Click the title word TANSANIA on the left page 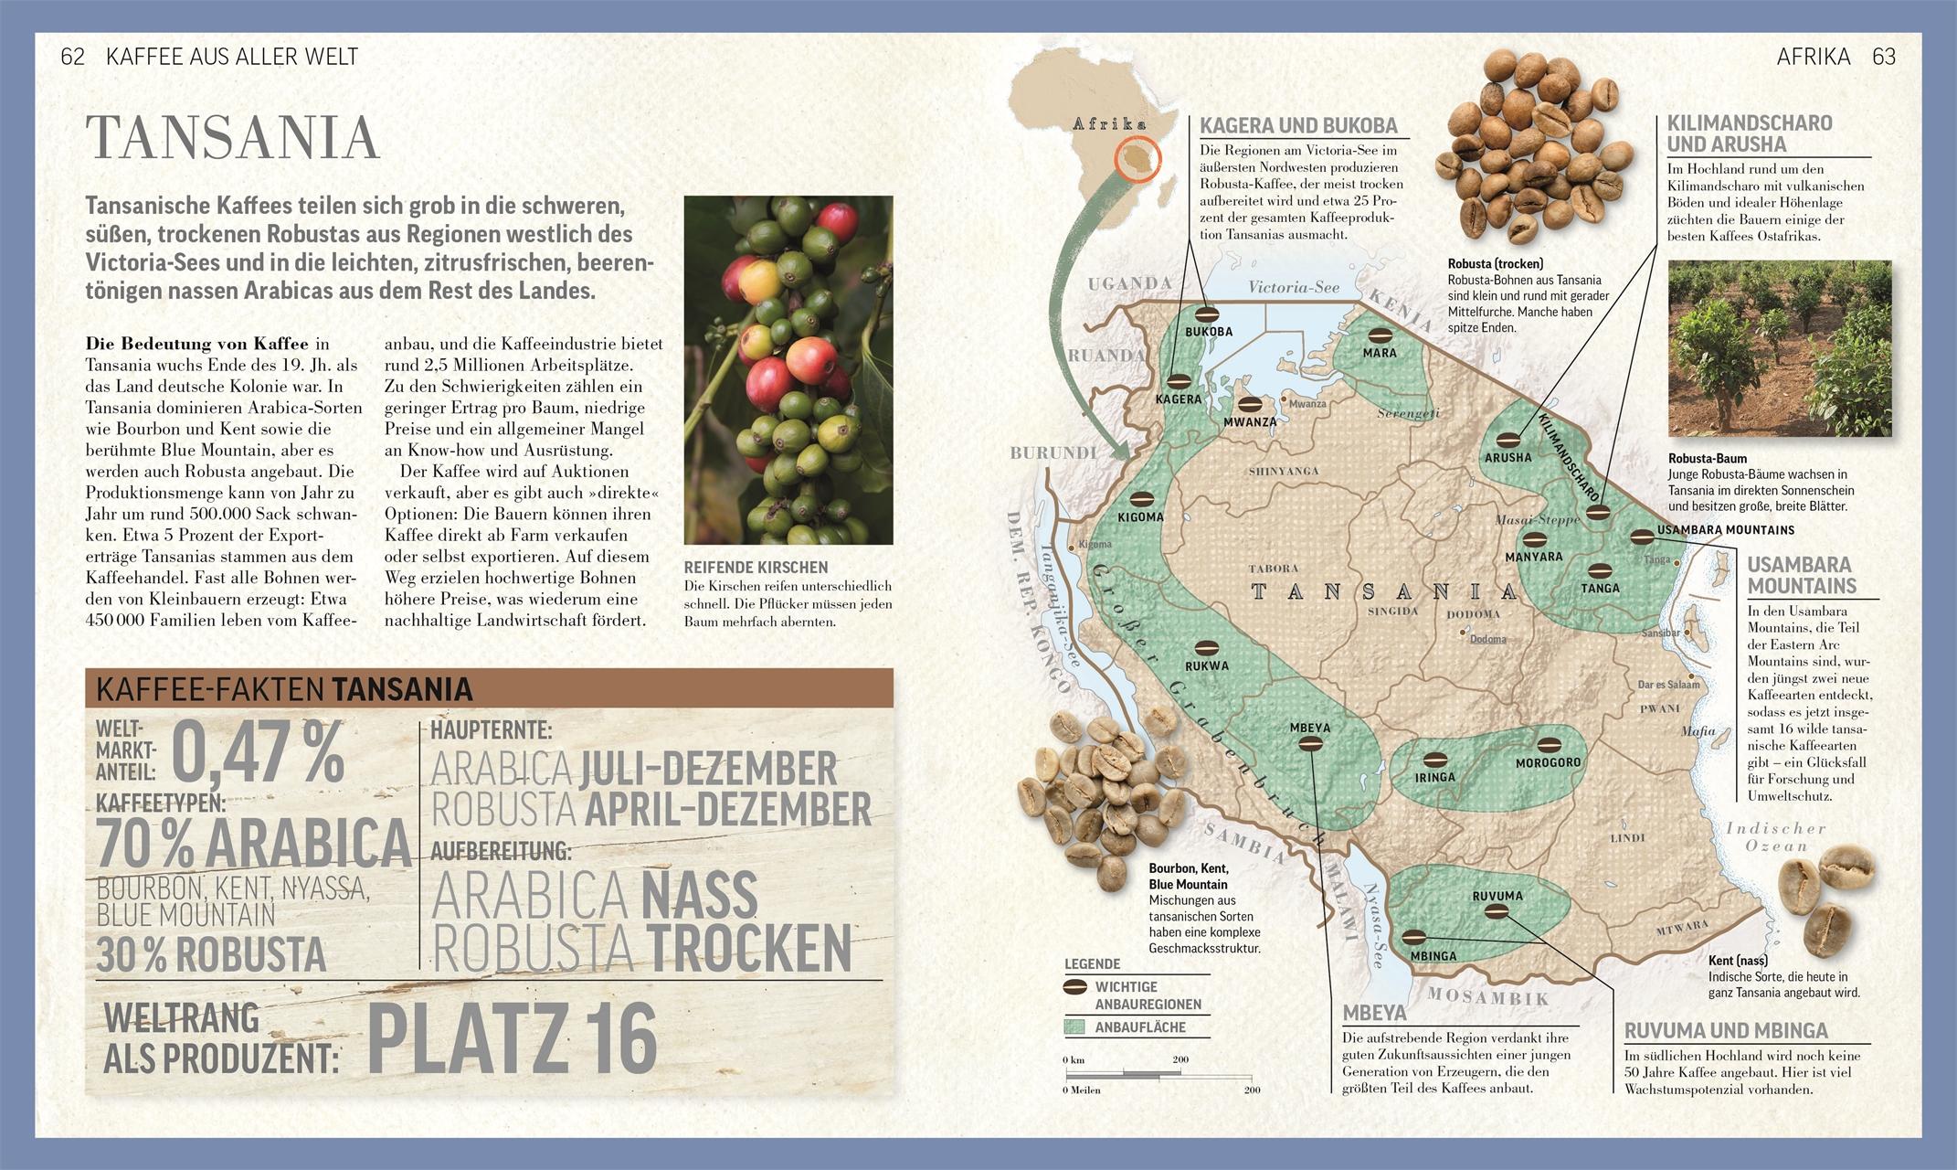[x=232, y=138]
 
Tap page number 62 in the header [x=72, y=57]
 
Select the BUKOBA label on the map [x=1209, y=332]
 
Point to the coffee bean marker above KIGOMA [x=1142, y=499]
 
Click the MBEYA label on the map [x=1309, y=728]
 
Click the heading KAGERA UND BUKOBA [x=1298, y=126]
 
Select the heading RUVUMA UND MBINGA [x=1726, y=1030]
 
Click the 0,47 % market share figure [x=258, y=753]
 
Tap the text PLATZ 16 [x=512, y=1040]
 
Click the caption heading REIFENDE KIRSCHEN [x=756, y=568]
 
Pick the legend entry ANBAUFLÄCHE [x=1139, y=1027]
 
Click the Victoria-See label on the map [x=1294, y=287]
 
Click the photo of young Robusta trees [x=1779, y=348]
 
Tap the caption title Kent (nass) [x=1737, y=961]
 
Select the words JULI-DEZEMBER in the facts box [x=708, y=769]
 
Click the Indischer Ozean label [x=1775, y=836]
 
